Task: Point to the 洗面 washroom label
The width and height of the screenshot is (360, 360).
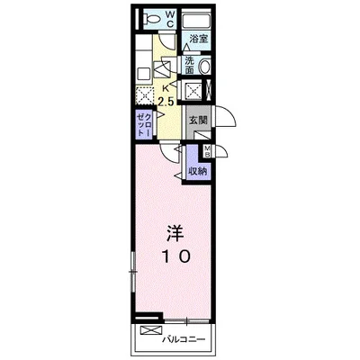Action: click(190, 65)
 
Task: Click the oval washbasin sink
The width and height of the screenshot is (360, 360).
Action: click(205, 67)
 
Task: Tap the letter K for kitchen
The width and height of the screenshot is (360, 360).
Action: click(166, 87)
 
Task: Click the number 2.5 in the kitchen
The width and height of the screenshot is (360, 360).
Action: click(166, 100)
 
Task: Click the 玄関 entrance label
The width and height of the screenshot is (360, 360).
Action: click(197, 121)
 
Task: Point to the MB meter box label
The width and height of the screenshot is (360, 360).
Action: click(208, 150)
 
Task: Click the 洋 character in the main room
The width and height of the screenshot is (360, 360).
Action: click(175, 233)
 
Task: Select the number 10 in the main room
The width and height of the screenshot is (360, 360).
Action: click(175, 257)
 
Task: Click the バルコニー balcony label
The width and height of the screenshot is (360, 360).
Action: click(184, 340)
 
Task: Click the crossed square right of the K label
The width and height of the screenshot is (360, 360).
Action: click(192, 90)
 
